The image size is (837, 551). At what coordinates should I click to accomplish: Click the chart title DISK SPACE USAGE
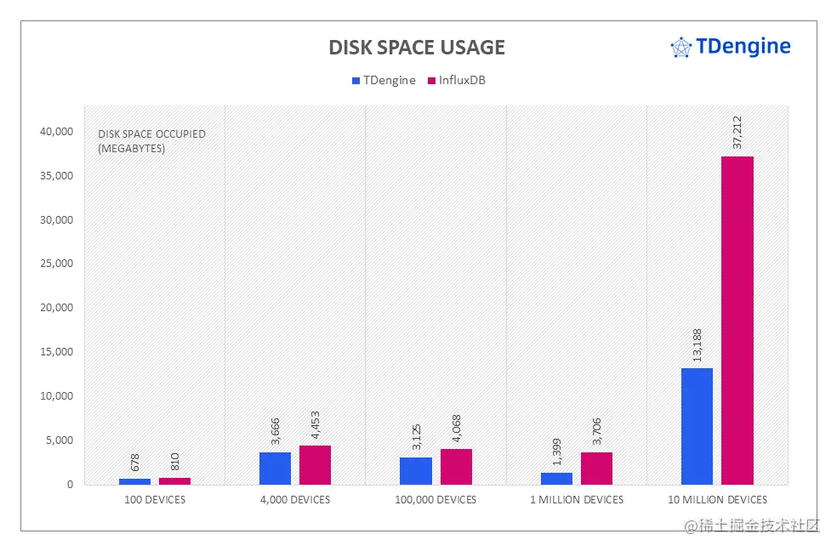click(417, 48)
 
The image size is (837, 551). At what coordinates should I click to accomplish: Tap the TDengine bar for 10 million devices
click(697, 426)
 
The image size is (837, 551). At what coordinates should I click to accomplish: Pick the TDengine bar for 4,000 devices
click(275, 469)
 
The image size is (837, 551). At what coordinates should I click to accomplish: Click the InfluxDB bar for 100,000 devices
click(456, 467)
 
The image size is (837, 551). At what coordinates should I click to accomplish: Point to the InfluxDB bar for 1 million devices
click(596, 469)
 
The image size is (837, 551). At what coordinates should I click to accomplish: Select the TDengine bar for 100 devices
click(134, 481)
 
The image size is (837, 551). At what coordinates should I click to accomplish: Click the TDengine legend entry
click(384, 81)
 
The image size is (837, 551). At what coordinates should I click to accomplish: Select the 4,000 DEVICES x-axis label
click(295, 500)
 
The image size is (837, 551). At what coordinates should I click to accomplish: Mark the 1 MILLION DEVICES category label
click(577, 500)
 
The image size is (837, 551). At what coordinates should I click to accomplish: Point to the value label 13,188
click(697, 344)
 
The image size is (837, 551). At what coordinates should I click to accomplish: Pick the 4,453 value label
click(316, 422)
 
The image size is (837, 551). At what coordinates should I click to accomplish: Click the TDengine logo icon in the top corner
click(680, 48)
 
